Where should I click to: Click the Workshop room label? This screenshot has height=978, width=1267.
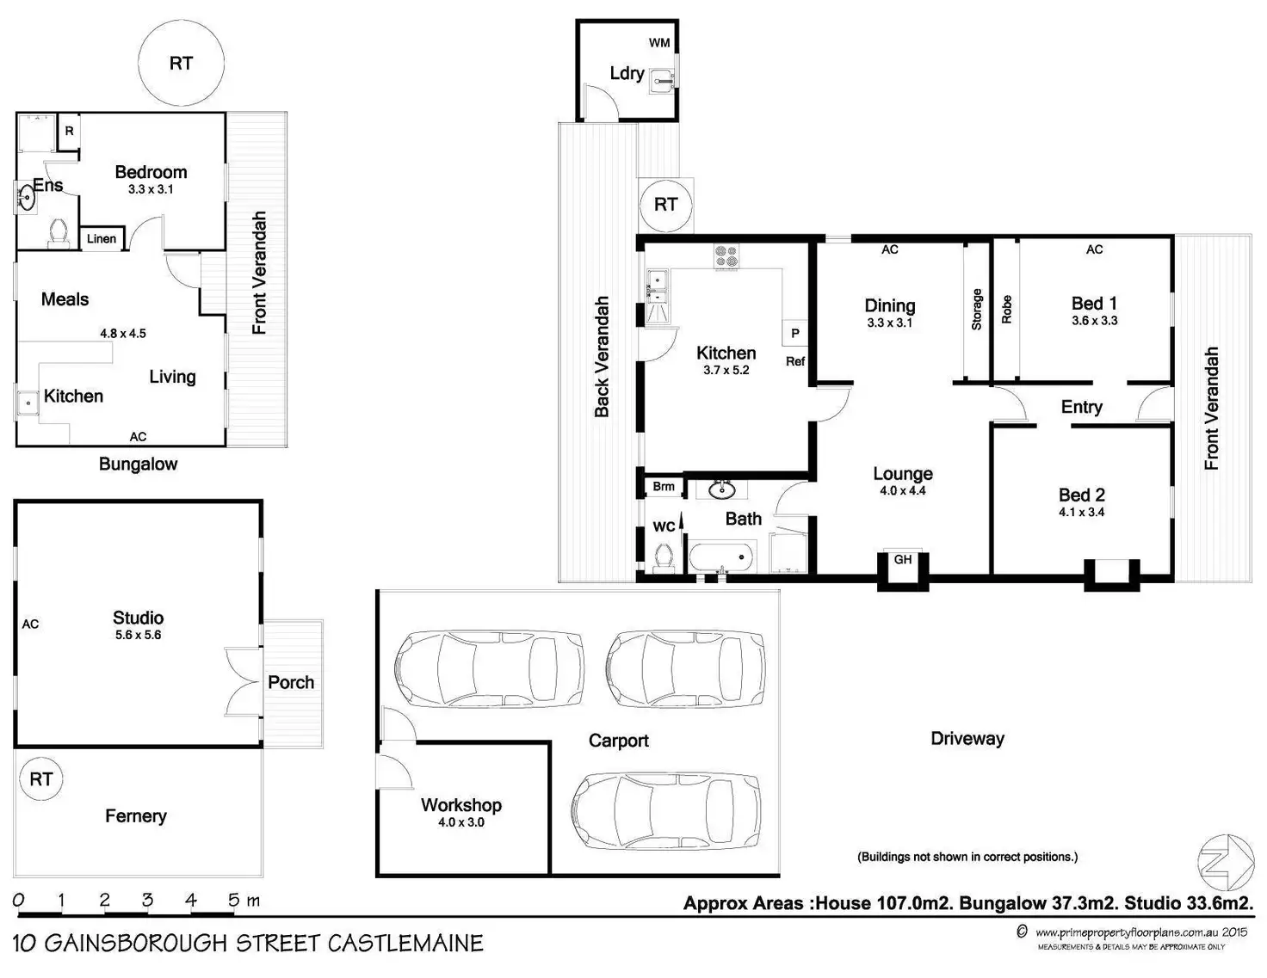460,805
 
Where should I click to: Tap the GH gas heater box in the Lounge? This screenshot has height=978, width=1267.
902,560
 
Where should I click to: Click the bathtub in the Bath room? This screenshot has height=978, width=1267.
721,557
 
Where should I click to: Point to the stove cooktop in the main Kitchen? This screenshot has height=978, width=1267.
726,255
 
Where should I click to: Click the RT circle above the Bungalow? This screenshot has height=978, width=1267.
181,63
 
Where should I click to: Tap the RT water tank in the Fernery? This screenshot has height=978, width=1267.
40,779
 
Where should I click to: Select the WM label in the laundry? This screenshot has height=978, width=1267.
659,42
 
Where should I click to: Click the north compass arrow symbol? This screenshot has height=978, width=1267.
1227,863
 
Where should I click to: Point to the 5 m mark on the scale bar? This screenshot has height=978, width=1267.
233,901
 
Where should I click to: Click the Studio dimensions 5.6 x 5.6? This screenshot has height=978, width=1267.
138,635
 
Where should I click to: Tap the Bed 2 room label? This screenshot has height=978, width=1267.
1081,495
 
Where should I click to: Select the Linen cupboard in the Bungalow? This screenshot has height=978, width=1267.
102,238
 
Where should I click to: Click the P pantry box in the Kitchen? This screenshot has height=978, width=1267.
794,333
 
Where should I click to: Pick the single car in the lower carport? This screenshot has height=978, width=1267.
666,812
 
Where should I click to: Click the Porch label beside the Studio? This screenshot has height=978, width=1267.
291,682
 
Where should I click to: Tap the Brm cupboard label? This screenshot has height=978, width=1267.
663,487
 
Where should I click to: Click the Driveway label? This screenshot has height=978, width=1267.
967,738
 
